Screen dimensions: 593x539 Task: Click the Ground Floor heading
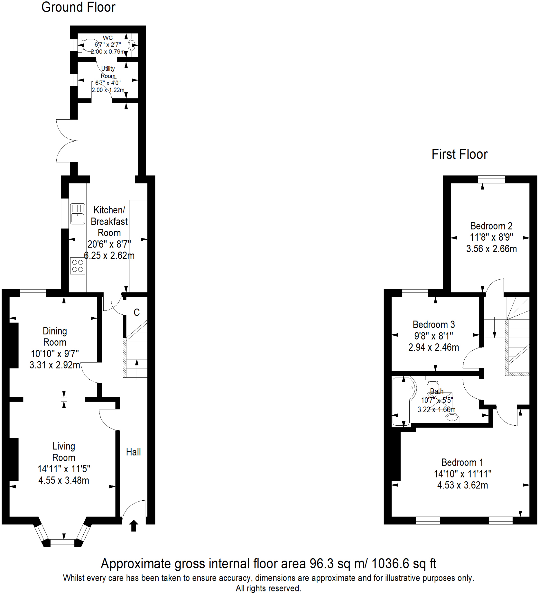click(78, 7)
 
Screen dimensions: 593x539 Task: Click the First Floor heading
click(459, 154)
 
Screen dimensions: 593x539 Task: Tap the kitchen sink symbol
click(78, 214)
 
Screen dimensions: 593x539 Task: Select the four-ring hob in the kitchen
click(78, 266)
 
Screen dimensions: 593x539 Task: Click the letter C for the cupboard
click(136, 312)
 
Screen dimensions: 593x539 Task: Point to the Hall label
click(133, 452)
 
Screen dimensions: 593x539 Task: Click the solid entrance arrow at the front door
click(133, 526)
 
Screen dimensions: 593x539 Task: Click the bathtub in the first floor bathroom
click(403, 402)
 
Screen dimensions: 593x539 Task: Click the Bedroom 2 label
click(491, 226)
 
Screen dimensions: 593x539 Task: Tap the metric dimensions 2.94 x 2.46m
click(433, 347)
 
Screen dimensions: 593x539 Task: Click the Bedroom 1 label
click(462, 462)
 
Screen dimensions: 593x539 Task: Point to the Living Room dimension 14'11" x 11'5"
click(64, 469)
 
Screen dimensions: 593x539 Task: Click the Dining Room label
click(55, 336)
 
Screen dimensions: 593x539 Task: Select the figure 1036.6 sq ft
click(404, 563)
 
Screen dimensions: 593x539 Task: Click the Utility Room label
click(108, 72)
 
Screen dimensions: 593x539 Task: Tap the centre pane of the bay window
click(62, 543)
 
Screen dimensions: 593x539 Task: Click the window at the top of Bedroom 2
click(491, 179)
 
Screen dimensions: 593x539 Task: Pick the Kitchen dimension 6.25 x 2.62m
click(109, 255)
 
